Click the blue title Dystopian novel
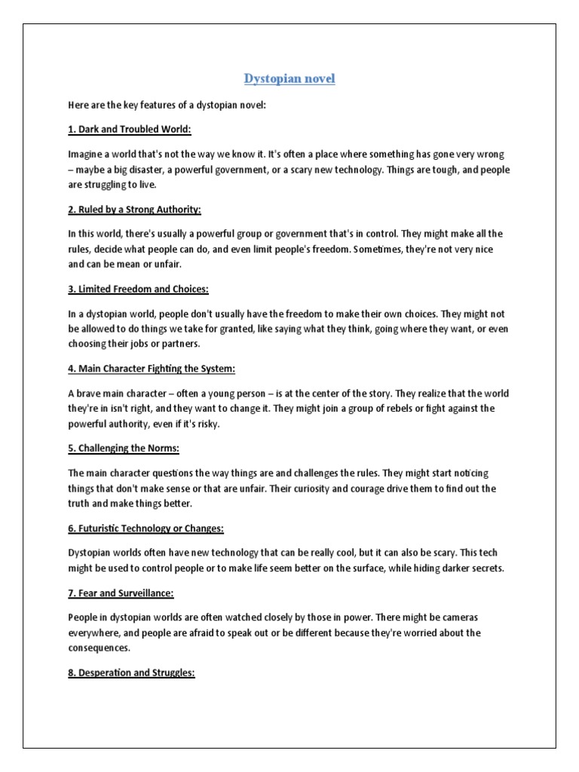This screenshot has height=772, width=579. [x=289, y=79]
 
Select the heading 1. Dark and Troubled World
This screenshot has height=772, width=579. [x=130, y=130]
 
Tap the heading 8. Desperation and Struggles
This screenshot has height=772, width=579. [x=132, y=673]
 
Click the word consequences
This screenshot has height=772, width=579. [x=99, y=648]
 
